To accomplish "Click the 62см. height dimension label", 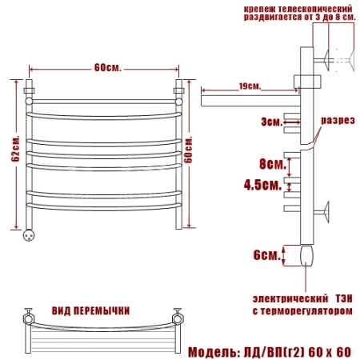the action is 15,149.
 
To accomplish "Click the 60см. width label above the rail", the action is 108,68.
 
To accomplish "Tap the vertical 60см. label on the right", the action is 188,150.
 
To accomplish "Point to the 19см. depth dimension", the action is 250,86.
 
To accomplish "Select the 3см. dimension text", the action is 271,122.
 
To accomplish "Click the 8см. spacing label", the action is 273,163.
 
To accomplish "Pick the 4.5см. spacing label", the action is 262,185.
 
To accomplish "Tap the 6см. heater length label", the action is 267,255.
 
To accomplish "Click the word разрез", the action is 338,120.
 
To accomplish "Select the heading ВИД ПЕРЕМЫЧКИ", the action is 90,311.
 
